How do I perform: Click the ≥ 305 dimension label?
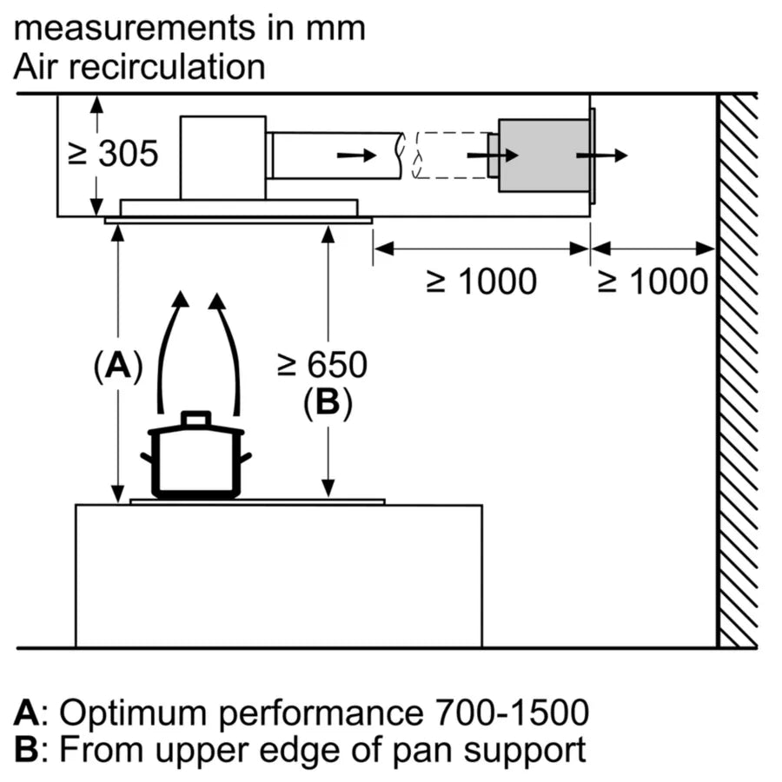click(114, 155)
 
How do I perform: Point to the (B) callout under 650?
click(328, 403)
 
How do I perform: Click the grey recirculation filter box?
click(543, 156)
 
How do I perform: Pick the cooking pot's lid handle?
click(195, 419)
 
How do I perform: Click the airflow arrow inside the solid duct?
click(357, 156)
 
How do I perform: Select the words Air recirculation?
click(139, 67)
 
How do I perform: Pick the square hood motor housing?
click(222, 157)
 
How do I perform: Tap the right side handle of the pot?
click(246, 458)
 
